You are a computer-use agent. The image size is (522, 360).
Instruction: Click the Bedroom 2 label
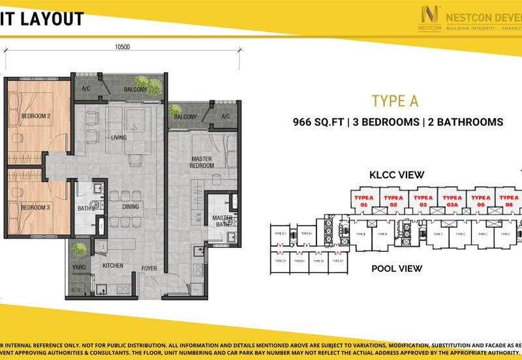[x=36, y=116]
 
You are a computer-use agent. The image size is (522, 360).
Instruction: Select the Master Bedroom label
[x=202, y=162]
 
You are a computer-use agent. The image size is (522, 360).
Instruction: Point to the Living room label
[x=119, y=138]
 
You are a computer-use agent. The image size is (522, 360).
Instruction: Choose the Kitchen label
[x=113, y=266]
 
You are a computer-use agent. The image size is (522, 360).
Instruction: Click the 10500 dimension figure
[x=123, y=47]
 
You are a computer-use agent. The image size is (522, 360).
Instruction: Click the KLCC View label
[x=397, y=175]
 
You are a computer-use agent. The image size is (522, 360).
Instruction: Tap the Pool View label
[x=397, y=268]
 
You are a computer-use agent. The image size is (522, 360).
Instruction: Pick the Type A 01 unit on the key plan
[x=365, y=200]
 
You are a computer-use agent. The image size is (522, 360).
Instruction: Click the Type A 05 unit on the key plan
[x=481, y=200]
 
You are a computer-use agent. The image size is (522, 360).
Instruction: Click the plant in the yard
[x=80, y=249]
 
